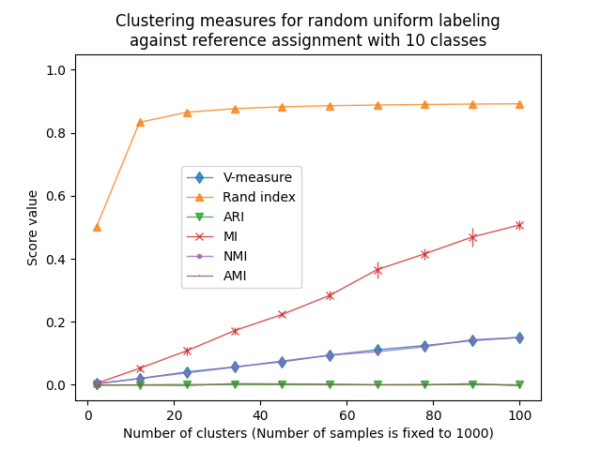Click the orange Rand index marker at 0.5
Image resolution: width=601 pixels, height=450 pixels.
click(97, 227)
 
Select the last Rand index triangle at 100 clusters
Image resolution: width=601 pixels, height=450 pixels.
click(519, 104)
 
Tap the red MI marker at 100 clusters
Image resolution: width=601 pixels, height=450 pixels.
click(519, 225)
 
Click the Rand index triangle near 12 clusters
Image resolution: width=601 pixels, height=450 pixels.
click(140, 122)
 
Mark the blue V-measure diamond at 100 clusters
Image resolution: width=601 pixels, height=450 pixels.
click(519, 337)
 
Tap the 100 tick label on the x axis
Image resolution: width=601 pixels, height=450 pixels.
click(519, 415)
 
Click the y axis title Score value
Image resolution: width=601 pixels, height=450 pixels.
click(33, 228)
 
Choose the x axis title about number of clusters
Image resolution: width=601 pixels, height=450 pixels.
click(309, 433)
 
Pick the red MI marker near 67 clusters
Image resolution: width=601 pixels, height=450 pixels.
click(378, 270)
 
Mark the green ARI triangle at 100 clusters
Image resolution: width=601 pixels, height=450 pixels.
click(519, 385)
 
